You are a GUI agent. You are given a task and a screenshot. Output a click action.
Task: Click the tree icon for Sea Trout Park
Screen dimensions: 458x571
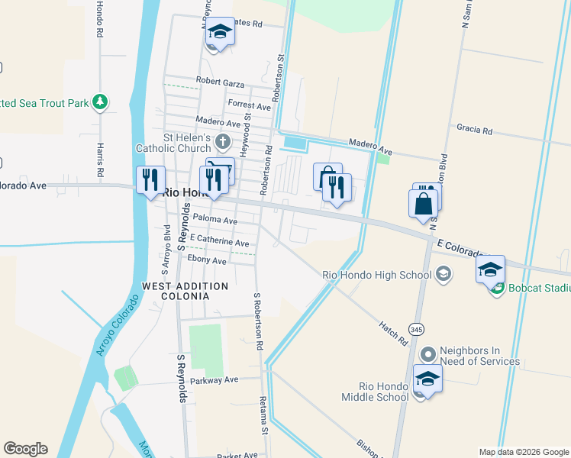point(99,102)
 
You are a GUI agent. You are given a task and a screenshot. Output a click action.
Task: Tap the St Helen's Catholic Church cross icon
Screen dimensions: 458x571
point(222,141)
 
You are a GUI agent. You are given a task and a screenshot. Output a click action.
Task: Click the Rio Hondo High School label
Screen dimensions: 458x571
point(377,276)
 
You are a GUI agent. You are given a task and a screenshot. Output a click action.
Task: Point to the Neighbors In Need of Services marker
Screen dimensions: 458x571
point(428,354)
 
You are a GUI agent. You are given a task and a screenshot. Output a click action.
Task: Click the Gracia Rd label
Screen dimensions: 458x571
point(476,131)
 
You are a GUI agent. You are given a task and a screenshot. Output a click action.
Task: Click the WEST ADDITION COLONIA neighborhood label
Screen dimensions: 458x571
point(185,291)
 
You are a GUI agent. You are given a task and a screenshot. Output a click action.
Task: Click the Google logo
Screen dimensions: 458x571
point(25,449)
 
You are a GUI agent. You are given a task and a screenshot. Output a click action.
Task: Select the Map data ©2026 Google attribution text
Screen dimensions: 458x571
point(523,452)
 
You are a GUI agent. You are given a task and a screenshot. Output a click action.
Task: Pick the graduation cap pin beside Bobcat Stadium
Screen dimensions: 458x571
point(490,269)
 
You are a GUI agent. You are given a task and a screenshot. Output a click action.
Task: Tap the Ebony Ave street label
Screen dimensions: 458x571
point(208,260)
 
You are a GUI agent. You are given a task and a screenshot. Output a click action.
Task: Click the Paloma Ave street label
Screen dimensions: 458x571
point(215,220)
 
